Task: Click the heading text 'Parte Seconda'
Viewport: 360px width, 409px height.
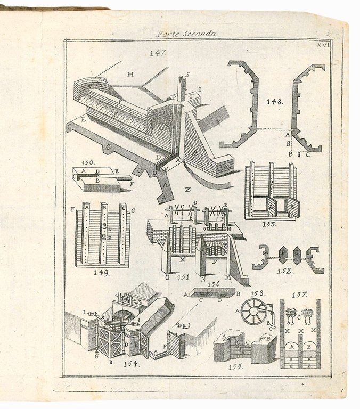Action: (x=186, y=33)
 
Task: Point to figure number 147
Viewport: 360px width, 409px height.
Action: (x=158, y=53)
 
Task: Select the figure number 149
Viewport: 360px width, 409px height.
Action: (x=101, y=273)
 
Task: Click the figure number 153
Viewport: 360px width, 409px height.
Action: (x=269, y=224)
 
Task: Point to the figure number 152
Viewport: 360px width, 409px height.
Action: (x=284, y=271)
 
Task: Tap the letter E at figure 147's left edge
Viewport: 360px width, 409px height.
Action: (x=83, y=119)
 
